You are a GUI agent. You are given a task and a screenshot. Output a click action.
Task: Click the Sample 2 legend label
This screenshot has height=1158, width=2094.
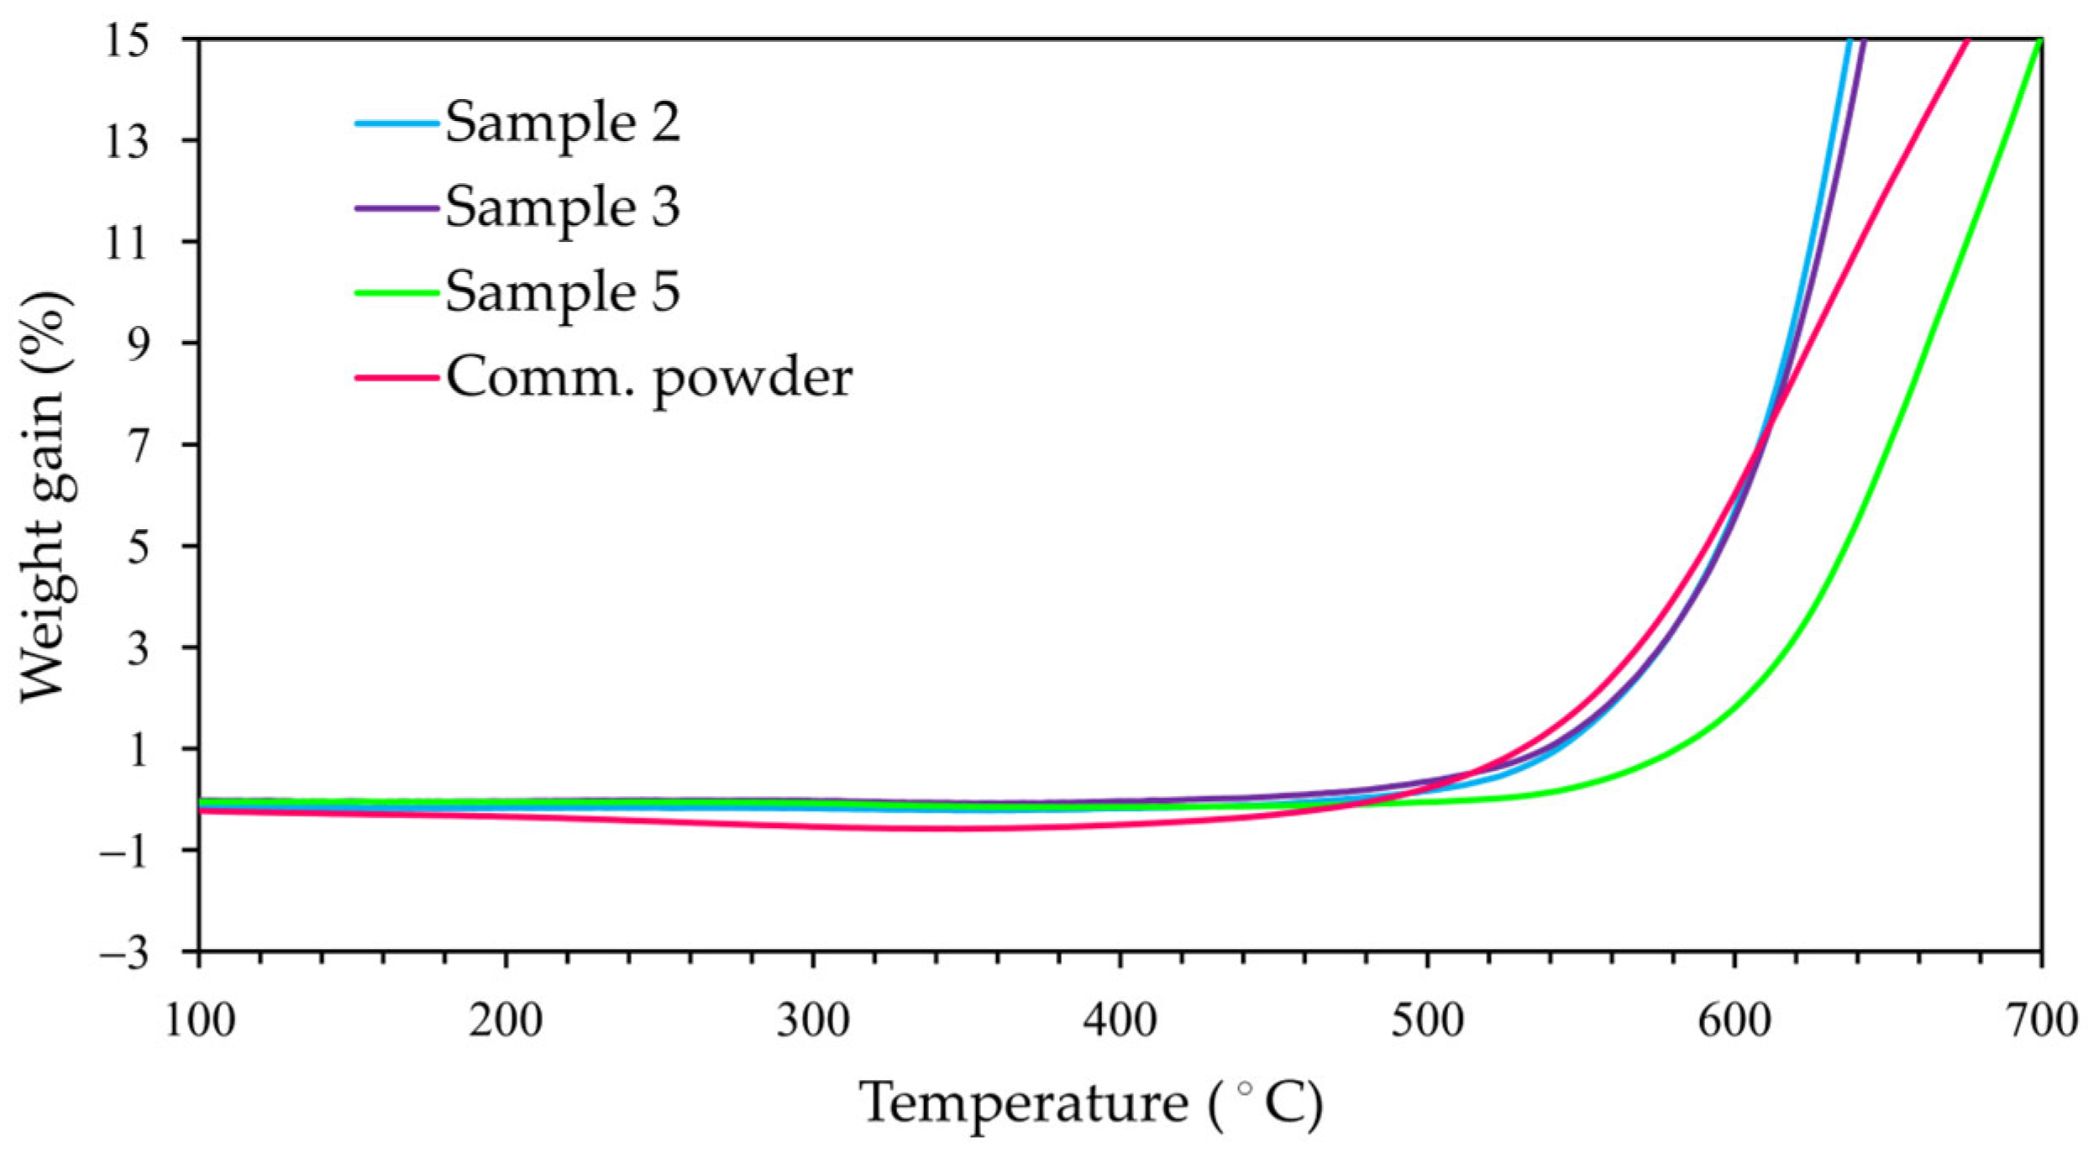(562, 123)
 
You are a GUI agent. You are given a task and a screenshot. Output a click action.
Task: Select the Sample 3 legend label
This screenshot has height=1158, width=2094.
(562, 207)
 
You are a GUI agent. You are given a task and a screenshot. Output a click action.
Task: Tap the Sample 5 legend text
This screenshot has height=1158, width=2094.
(562, 292)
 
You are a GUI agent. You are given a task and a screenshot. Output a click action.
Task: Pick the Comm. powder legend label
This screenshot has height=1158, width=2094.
(648, 377)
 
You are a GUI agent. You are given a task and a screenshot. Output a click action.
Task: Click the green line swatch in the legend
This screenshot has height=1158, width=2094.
(396, 293)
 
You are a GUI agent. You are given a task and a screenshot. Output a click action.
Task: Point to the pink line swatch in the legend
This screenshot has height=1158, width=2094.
(396, 378)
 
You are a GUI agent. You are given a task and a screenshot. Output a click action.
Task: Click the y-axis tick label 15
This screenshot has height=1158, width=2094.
(126, 40)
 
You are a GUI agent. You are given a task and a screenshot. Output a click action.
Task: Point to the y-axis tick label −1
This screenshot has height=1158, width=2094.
(124, 851)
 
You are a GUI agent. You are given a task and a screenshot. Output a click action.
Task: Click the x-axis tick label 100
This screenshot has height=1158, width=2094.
(200, 1021)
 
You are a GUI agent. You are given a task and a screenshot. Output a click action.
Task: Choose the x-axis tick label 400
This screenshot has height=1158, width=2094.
(1120, 1021)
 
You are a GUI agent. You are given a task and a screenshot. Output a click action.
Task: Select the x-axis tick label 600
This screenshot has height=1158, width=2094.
(1735, 1021)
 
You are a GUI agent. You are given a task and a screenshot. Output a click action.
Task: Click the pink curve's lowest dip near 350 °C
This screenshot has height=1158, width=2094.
(966, 829)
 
